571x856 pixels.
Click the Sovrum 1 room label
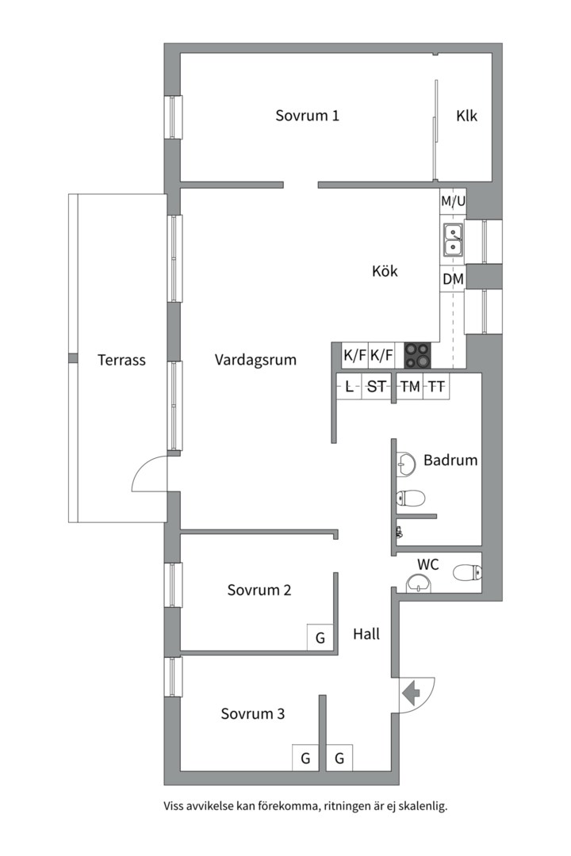308,116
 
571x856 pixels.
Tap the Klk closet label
466,116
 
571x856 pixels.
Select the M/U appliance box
453,202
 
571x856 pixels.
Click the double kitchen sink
453,239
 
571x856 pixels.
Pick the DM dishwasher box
453,279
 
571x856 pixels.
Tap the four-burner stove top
419,355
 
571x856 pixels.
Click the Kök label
385,271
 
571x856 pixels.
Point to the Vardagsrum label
255,360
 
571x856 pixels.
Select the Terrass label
121,360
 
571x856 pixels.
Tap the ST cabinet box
377,387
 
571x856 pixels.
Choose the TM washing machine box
409,387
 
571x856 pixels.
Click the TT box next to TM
436,387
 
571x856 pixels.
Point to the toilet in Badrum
412,499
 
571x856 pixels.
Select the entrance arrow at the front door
412,694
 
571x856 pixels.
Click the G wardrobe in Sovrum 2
320,637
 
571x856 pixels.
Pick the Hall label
366,634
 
